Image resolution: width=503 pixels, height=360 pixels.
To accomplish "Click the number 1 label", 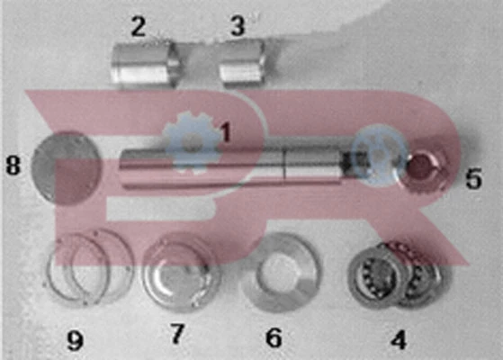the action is coord(226,132).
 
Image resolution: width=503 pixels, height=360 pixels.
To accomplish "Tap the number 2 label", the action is coord(139,27).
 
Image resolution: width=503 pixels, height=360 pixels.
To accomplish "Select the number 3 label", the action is coord(238,26).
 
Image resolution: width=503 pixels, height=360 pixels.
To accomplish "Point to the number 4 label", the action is coord(399,339).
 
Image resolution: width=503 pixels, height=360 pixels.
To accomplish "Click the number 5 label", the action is coord(473,178).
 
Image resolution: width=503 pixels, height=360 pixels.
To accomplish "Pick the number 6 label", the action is coord(274,337).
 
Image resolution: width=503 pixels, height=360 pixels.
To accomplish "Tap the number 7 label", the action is coord(177,334).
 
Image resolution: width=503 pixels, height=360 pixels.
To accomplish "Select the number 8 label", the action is coord(13,166).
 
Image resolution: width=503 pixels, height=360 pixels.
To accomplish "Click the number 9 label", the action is coord(75,340).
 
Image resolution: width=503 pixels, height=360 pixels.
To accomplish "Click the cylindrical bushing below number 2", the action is coord(144,64).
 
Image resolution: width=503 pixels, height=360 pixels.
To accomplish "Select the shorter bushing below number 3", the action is coord(243,64).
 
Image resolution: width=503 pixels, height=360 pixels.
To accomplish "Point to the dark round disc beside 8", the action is coord(67,167).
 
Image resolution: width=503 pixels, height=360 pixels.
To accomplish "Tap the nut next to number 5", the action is coord(425,166).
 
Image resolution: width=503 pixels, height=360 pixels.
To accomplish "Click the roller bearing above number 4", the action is coord(395,274).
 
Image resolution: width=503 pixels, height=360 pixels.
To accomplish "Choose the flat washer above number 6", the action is coord(281,273).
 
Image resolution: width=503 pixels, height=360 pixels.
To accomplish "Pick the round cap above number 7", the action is coord(181,273).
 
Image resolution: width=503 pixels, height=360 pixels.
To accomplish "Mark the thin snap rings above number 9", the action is coord(88,266).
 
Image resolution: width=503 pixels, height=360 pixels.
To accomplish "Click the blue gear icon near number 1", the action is coord(192,143).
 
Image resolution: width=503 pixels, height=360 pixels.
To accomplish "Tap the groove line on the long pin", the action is coord(284,164).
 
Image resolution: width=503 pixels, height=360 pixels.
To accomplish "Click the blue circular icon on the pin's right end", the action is coord(379,156).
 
